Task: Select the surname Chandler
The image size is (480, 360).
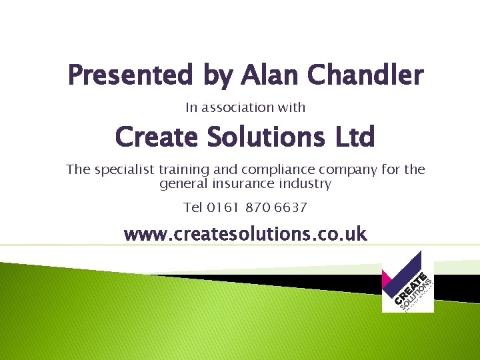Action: coord(365,75)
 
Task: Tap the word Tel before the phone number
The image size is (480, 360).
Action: coord(193,207)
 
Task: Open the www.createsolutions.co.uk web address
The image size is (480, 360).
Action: coord(245,234)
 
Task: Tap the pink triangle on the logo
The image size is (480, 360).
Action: coord(388,281)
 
